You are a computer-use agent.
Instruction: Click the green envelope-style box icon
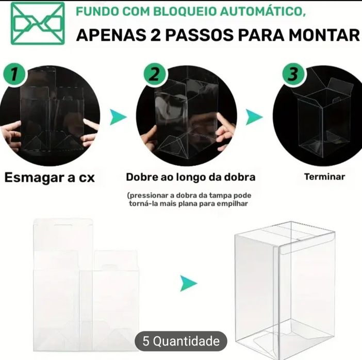(38, 23)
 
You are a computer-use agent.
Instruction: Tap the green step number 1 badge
(14, 74)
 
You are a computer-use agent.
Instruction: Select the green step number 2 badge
(155, 74)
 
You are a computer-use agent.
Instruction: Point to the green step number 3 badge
(293, 74)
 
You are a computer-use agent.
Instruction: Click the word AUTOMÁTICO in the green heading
(263, 11)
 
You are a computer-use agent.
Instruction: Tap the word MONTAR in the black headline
(324, 35)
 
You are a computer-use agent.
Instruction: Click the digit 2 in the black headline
(155, 35)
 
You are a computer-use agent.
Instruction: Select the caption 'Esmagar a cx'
(50, 178)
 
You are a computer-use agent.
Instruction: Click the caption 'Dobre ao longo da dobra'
(191, 177)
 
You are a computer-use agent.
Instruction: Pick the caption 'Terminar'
(324, 177)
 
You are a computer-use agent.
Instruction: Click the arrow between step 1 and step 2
(118, 117)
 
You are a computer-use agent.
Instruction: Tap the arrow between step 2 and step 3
(254, 117)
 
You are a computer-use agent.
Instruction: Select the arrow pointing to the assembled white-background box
(189, 283)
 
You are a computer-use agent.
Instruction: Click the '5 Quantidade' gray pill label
(181, 341)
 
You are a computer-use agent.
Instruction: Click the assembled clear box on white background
(285, 290)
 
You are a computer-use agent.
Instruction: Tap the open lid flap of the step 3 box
(341, 87)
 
